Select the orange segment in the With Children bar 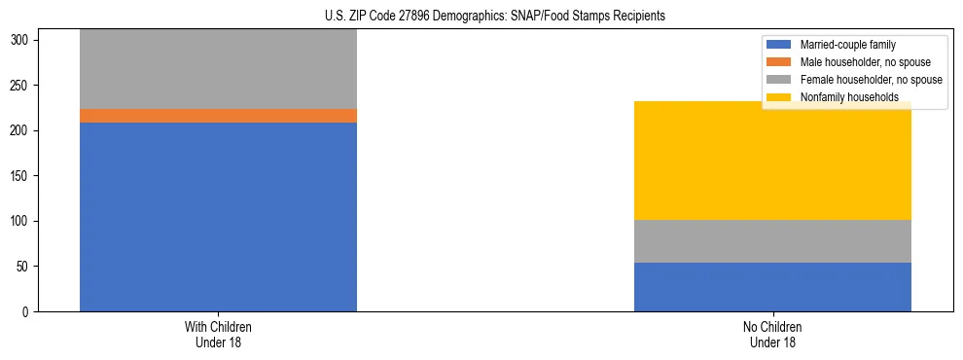[218, 116]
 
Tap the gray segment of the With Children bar [218, 69]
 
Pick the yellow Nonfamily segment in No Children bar [772, 161]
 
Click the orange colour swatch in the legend [779, 62]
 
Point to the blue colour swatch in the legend [779, 45]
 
